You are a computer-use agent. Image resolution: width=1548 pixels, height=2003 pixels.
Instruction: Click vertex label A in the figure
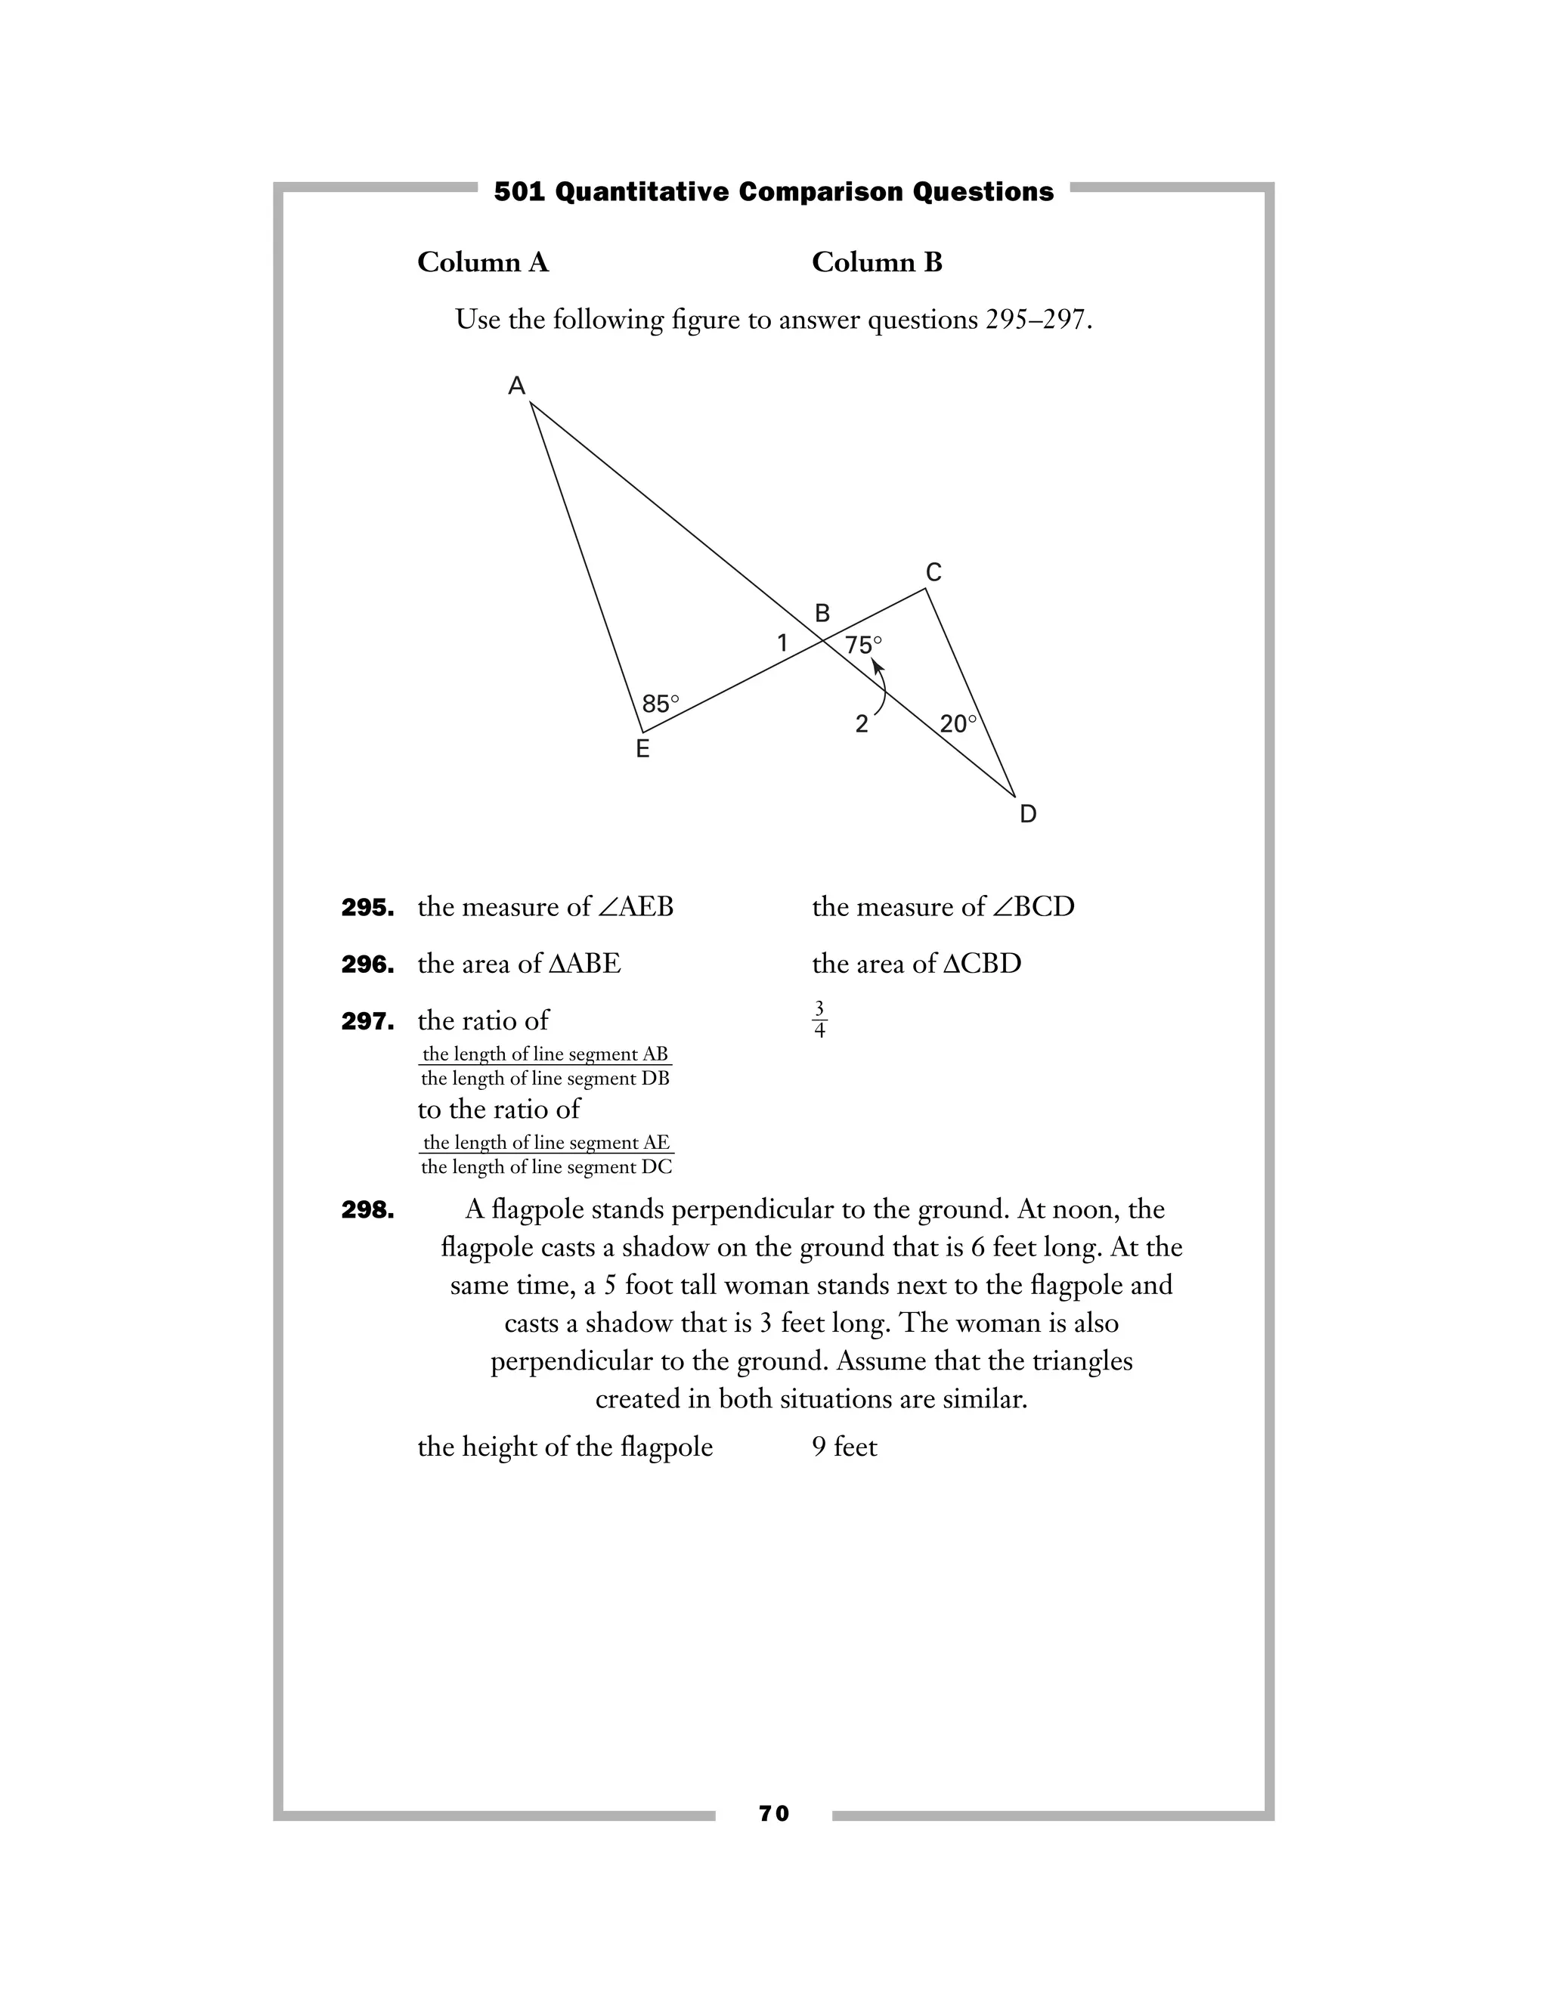click(x=517, y=386)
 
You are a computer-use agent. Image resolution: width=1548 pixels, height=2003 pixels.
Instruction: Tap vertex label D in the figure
click(x=1028, y=814)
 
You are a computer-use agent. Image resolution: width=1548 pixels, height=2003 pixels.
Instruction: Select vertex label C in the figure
click(x=933, y=573)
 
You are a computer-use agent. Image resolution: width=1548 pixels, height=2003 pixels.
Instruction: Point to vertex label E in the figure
click(x=643, y=749)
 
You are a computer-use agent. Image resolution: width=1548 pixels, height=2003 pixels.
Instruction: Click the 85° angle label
click(x=661, y=704)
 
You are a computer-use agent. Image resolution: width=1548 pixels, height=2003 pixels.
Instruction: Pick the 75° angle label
click(x=863, y=645)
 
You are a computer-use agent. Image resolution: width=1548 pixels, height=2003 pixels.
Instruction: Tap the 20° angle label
click(x=958, y=725)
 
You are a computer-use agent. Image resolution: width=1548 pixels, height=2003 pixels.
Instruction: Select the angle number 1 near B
click(x=782, y=644)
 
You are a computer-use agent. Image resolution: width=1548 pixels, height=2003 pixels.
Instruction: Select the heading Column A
click(x=483, y=263)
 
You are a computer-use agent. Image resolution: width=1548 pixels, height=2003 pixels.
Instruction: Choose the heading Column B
click(x=877, y=263)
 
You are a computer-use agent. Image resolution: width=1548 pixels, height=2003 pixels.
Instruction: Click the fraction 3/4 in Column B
click(x=820, y=1020)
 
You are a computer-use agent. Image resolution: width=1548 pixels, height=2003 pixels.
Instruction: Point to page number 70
click(x=774, y=1813)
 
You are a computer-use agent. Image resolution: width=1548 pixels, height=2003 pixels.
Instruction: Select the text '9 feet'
click(x=844, y=1447)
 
